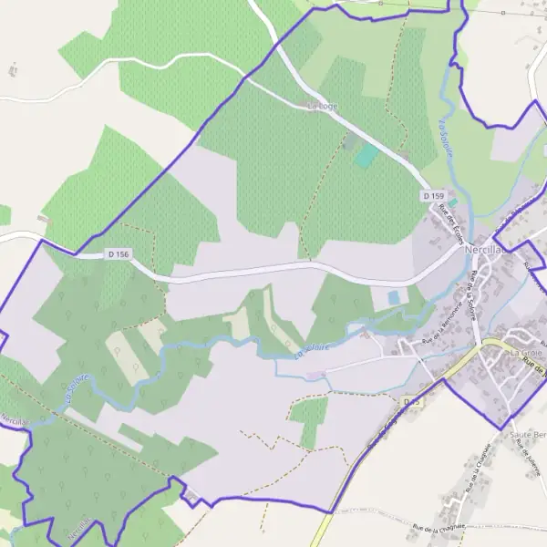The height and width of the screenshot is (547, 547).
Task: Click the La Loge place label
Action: click(322, 107)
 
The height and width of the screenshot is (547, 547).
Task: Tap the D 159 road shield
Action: click(433, 196)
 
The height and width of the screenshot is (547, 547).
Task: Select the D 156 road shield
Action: click(119, 254)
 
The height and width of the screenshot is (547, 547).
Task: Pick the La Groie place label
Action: click(526, 353)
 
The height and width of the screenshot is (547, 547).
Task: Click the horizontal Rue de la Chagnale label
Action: click(439, 526)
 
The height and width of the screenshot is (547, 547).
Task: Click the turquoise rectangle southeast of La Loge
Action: click(366, 156)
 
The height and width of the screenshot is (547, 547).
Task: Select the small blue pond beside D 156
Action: click(394, 297)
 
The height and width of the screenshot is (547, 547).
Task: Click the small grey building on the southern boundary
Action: click(191, 495)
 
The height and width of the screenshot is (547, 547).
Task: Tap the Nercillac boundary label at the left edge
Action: click(14, 420)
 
